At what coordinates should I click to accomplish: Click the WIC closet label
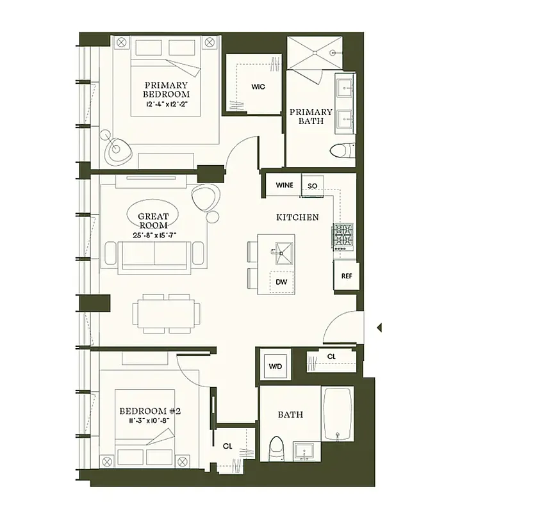(x=258, y=86)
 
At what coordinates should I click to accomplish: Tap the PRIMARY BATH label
(x=311, y=116)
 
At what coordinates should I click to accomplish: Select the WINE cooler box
(x=284, y=186)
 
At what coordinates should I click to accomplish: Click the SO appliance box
(x=313, y=186)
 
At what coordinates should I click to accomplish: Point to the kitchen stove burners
(x=342, y=236)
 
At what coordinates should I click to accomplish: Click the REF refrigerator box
(x=346, y=276)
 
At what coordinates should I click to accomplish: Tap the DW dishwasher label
(x=281, y=282)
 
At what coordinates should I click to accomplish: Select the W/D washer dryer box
(x=275, y=367)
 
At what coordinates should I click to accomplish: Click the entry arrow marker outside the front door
(x=379, y=328)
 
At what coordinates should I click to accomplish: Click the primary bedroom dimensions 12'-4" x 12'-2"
(x=167, y=103)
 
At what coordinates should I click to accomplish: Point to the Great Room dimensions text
(x=154, y=235)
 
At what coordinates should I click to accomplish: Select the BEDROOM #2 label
(x=150, y=411)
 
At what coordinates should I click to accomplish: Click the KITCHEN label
(x=297, y=218)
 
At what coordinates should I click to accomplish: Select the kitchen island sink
(x=281, y=250)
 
